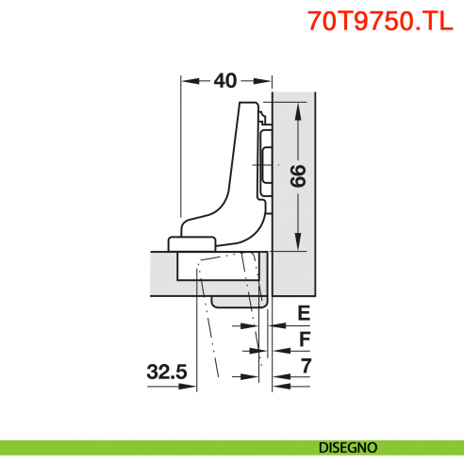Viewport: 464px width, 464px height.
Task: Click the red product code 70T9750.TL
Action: tap(374, 21)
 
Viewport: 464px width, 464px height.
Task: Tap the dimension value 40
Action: tap(224, 81)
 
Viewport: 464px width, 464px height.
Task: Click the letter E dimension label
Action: tap(304, 313)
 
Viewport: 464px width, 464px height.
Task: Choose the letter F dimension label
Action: tap(304, 338)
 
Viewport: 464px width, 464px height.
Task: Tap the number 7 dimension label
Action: tap(304, 364)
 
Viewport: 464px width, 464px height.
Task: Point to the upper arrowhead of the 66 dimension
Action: tap(299, 108)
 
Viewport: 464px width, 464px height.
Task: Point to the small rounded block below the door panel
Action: tap(238, 301)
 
